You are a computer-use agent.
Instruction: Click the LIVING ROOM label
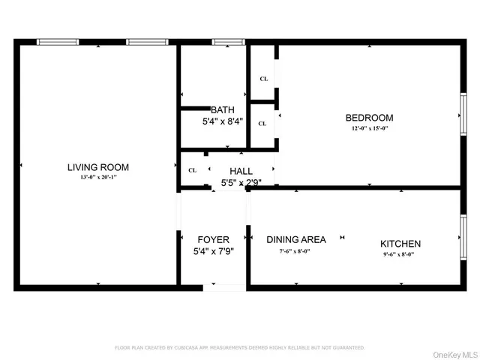(x=98, y=167)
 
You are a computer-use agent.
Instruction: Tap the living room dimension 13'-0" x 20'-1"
(x=98, y=178)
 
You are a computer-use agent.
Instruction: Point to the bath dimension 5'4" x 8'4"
(x=222, y=121)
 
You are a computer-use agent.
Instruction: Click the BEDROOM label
(x=368, y=118)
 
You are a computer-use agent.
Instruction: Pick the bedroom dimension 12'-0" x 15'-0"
(x=368, y=128)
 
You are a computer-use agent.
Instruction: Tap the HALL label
(x=241, y=171)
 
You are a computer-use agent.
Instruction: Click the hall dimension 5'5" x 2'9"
(x=241, y=182)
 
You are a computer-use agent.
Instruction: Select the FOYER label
(x=213, y=240)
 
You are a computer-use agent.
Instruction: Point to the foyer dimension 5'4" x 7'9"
(x=213, y=252)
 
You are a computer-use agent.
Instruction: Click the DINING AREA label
(x=296, y=239)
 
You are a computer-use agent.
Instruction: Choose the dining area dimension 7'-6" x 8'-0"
(x=295, y=251)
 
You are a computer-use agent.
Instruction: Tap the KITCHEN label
(x=400, y=244)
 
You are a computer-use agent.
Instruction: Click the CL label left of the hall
(x=193, y=170)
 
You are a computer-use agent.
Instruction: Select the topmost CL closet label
(x=263, y=78)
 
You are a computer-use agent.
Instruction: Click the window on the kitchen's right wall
(x=463, y=239)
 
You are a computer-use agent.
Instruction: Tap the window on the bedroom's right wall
(x=463, y=116)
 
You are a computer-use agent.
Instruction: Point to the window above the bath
(x=223, y=42)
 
